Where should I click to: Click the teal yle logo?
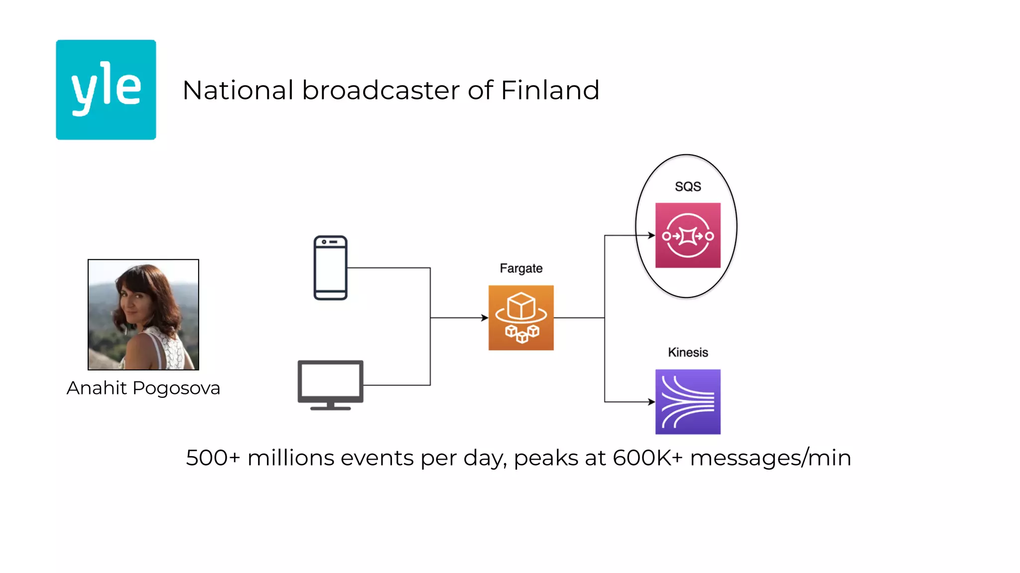tap(106, 90)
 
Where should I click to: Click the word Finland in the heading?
tap(550, 91)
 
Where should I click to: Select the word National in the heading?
tap(238, 91)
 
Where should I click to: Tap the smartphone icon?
tap(330, 268)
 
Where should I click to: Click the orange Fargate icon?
tap(521, 317)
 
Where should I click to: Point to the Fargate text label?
tap(521, 269)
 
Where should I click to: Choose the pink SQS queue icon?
tap(688, 235)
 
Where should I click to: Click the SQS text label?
tap(688, 187)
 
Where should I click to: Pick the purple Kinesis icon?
tap(688, 401)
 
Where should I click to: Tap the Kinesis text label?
tap(688, 352)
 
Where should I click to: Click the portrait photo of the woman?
tap(143, 314)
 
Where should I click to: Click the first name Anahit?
tap(97, 388)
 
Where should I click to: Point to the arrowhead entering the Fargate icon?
tap(485, 317)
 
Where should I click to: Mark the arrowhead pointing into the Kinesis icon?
tap(651, 401)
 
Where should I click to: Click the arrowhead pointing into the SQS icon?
tap(651, 235)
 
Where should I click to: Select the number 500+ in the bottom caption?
tap(213, 458)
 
